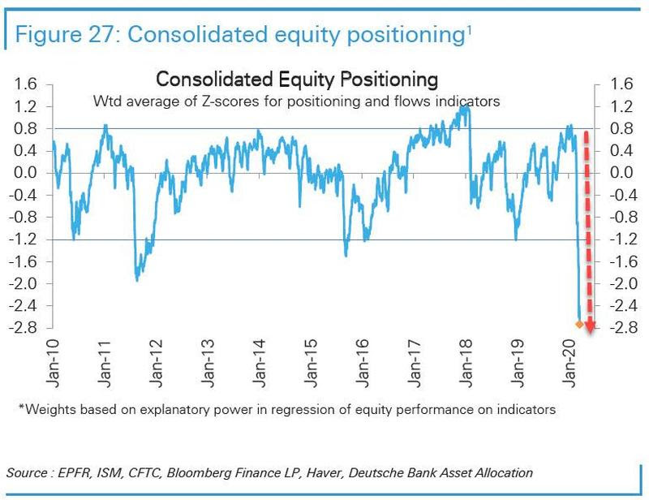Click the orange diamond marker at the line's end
[579, 325]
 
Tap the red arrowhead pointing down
[590, 326]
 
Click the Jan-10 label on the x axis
[53, 364]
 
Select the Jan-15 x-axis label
[311, 364]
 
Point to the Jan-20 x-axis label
[569, 364]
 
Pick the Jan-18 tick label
[466, 364]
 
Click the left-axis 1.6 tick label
[26, 84]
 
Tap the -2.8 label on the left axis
[24, 328]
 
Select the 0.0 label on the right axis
[621, 173]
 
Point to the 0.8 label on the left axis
[26, 129]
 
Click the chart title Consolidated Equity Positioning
[297, 80]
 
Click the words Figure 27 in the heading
[64, 34]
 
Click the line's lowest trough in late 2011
[137, 280]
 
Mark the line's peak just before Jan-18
[466, 106]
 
